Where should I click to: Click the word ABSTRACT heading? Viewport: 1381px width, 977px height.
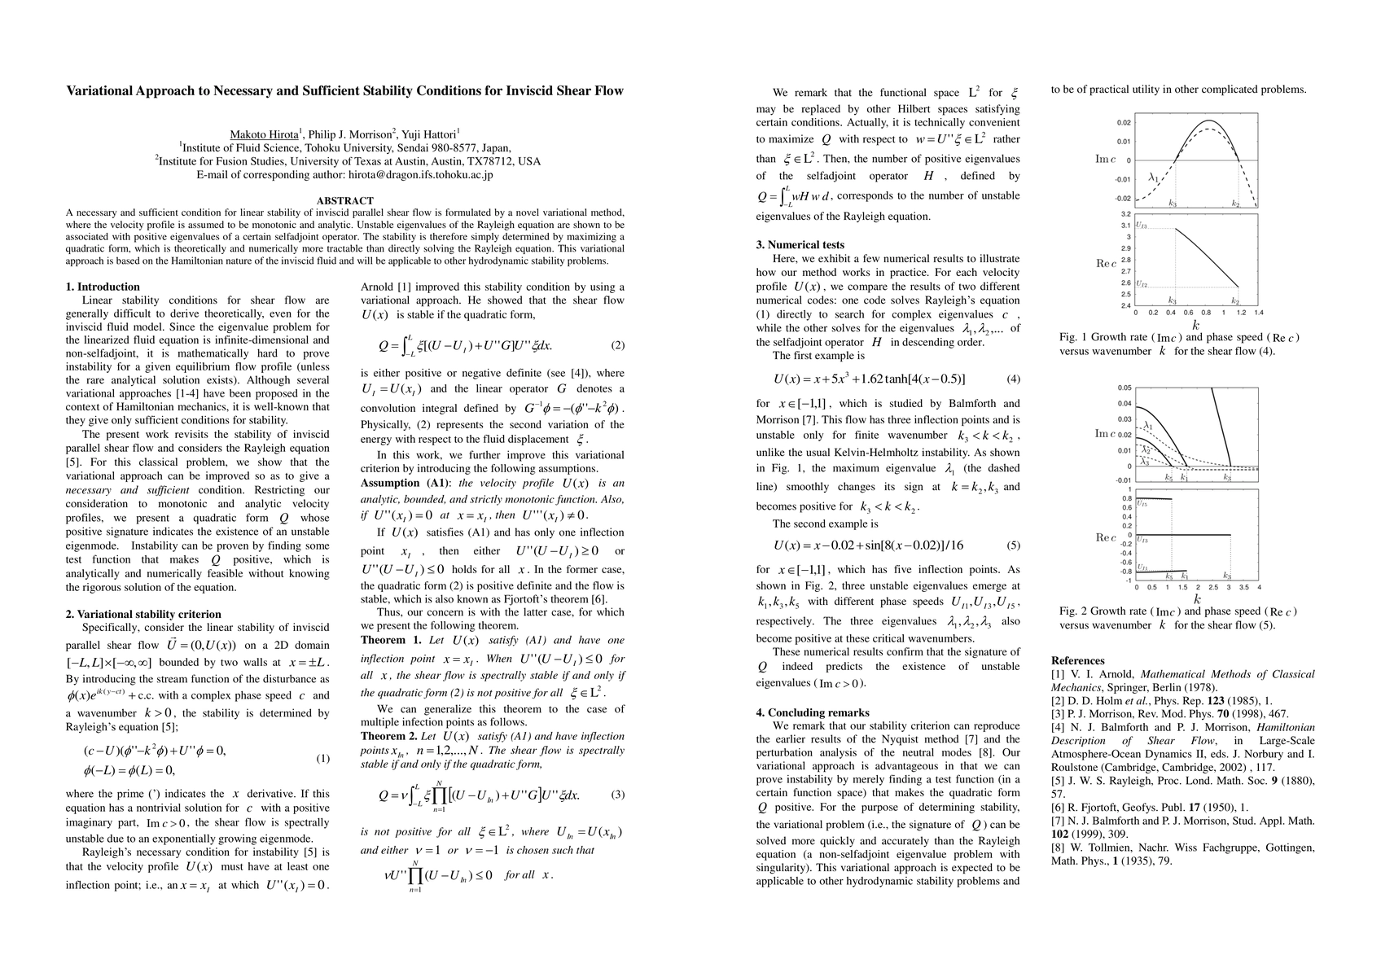[x=344, y=200]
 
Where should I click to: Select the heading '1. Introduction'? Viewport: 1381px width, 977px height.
[x=103, y=287]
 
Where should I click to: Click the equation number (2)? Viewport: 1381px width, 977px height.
[x=617, y=345]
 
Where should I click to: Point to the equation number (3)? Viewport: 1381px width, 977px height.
[x=617, y=795]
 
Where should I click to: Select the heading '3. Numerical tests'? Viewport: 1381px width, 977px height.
[x=800, y=244]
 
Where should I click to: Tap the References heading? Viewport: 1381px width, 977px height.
[x=1077, y=660]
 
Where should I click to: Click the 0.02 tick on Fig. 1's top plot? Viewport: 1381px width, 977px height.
[x=1123, y=123]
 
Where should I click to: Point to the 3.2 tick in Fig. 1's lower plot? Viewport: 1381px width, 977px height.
[x=1125, y=214]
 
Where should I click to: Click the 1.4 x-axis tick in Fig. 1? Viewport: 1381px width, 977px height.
[x=1258, y=313]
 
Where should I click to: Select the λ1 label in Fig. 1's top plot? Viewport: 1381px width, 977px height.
[x=1153, y=176]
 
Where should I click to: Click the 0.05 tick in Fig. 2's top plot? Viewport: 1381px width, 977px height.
[x=1124, y=388]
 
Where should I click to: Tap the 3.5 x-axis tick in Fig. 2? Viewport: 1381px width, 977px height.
[x=1243, y=586]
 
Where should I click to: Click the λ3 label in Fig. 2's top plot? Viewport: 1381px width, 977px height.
[x=1145, y=462]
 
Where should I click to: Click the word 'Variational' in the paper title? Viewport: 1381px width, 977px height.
[x=102, y=90]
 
